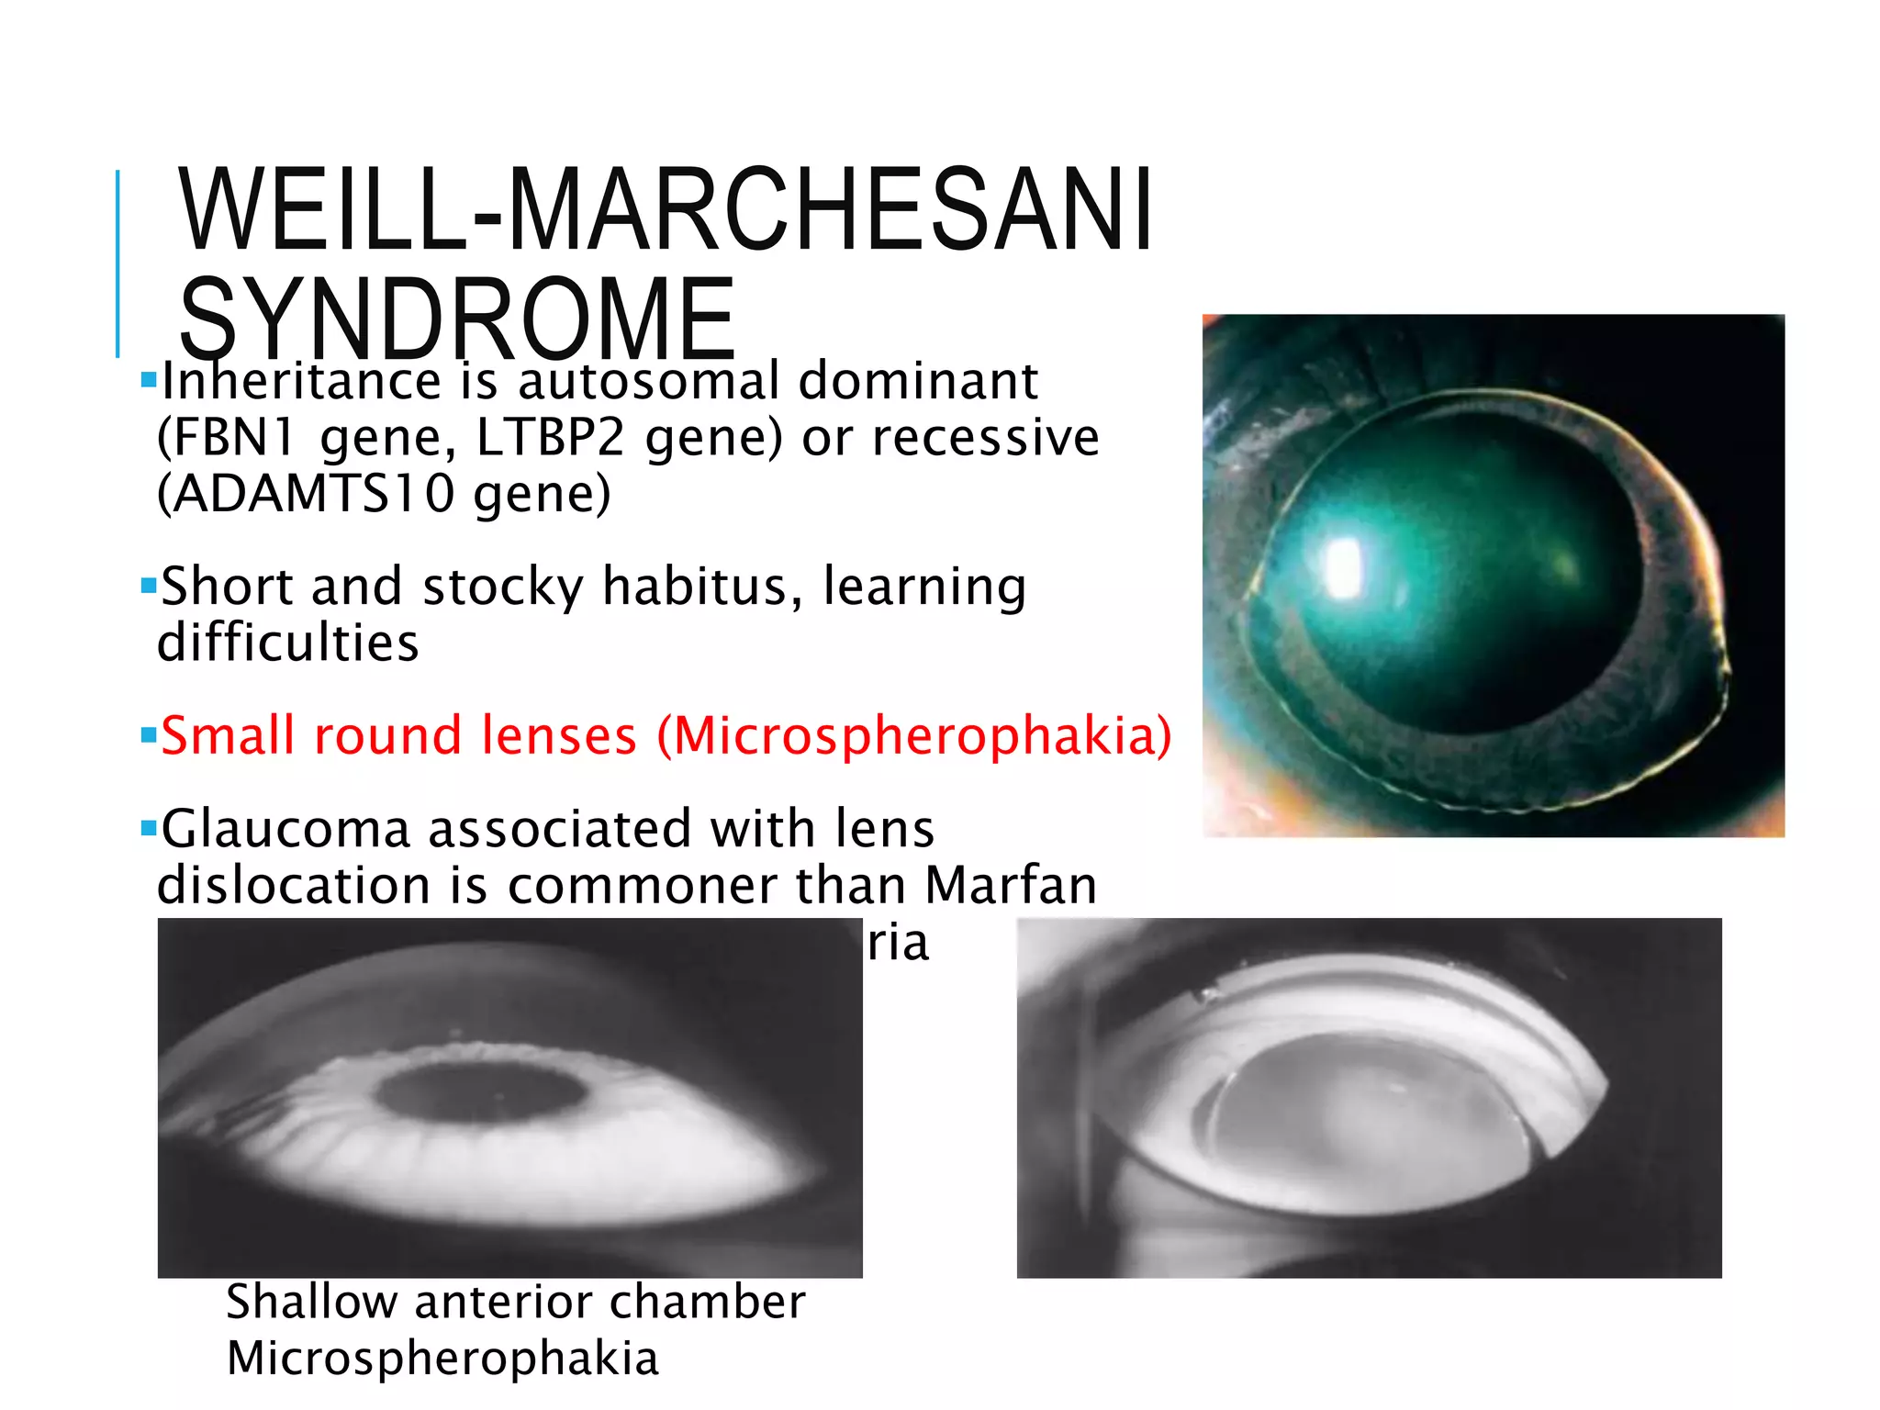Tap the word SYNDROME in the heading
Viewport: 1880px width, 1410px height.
pos(457,319)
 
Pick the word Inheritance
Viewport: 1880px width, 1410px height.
pos(301,381)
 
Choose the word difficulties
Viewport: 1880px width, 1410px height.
pos(288,643)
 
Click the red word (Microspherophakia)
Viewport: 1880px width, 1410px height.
pos(914,736)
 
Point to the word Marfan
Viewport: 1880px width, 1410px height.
pos(1011,886)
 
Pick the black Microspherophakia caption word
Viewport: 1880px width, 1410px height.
pos(442,1359)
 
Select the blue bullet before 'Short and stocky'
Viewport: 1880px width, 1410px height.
pos(149,585)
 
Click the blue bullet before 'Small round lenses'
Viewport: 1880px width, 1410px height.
pos(149,734)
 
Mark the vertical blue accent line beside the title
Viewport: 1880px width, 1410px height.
pos(117,263)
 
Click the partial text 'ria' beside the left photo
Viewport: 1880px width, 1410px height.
pos(898,944)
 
